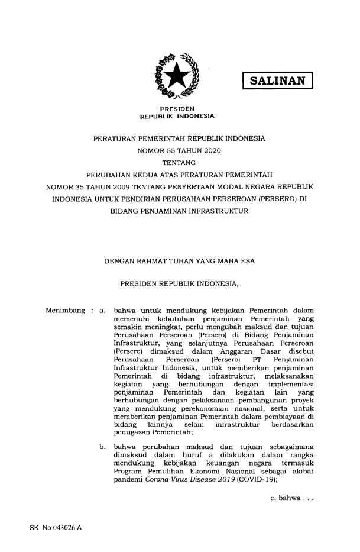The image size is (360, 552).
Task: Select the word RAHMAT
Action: [158, 260]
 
